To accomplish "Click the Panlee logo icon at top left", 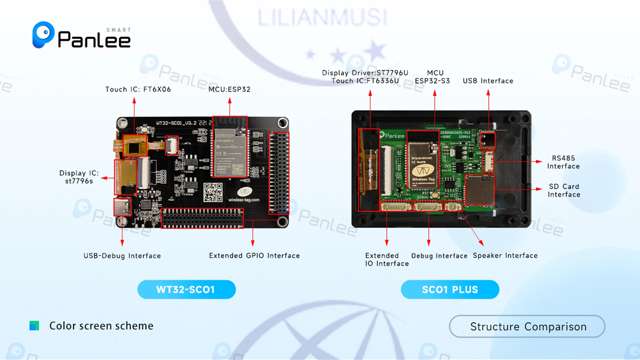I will point(43,34).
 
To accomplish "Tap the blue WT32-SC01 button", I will point(186,289).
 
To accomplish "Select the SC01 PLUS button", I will point(450,289).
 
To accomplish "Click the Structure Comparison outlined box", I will point(527,327).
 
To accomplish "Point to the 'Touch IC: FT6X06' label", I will point(138,89).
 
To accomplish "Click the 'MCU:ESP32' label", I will point(229,89).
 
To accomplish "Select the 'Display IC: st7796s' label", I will point(79,177).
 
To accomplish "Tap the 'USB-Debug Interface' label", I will point(122,256).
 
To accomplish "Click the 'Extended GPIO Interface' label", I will point(254,256).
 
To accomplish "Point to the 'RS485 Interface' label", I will point(563,162).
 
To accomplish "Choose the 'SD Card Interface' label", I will point(564,190).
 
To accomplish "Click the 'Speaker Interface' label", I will point(505,256).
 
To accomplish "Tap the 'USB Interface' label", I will point(488,81).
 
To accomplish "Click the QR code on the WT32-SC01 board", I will point(213,192).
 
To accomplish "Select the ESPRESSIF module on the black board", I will point(230,152).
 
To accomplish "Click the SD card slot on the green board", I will point(479,189).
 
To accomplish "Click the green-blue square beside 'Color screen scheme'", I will point(34,326).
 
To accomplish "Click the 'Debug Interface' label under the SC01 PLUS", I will point(439,256).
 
